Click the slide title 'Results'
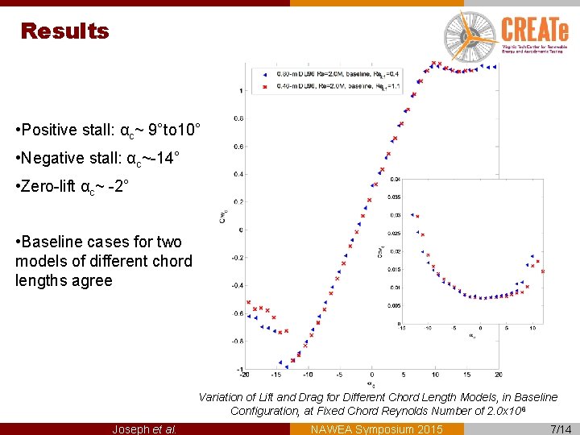click(64, 31)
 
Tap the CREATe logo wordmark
click(535, 30)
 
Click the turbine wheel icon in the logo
click(470, 33)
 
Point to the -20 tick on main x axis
click(244, 375)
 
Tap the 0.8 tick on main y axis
click(238, 118)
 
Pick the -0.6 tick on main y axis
click(238, 313)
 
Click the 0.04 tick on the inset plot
click(394, 179)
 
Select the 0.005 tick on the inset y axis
click(392, 306)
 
